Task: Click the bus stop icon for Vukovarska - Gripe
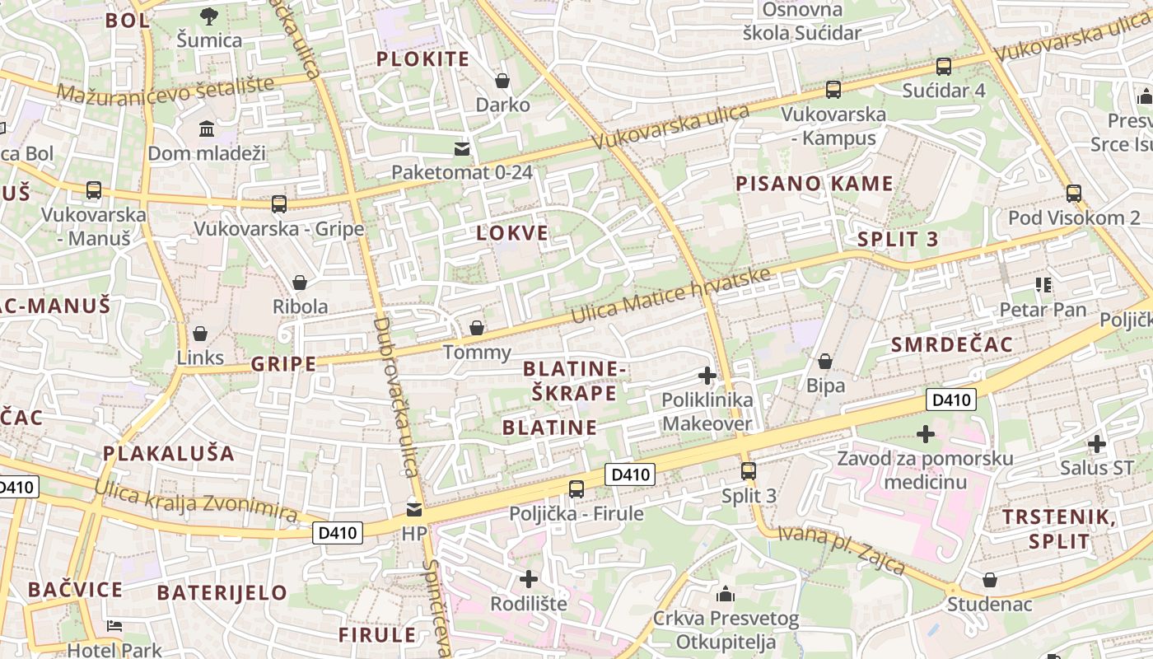(279, 204)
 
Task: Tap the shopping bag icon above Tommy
(476, 329)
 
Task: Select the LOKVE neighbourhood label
(512, 233)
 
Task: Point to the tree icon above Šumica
(209, 16)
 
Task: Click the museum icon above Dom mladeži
(207, 129)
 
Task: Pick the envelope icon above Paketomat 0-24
(462, 149)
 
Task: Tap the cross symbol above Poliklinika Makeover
(707, 376)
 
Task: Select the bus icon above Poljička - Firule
(576, 489)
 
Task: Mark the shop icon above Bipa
(824, 362)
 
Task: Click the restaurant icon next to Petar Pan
(1043, 286)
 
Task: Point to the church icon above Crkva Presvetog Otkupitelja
(726, 593)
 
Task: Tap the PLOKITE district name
(422, 59)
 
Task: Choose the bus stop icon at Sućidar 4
(944, 67)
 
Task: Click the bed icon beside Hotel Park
(114, 627)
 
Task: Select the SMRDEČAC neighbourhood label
(951, 345)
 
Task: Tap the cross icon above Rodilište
(529, 579)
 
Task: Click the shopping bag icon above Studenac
(989, 581)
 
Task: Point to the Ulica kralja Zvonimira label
(195, 500)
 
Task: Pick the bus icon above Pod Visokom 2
(1074, 194)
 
